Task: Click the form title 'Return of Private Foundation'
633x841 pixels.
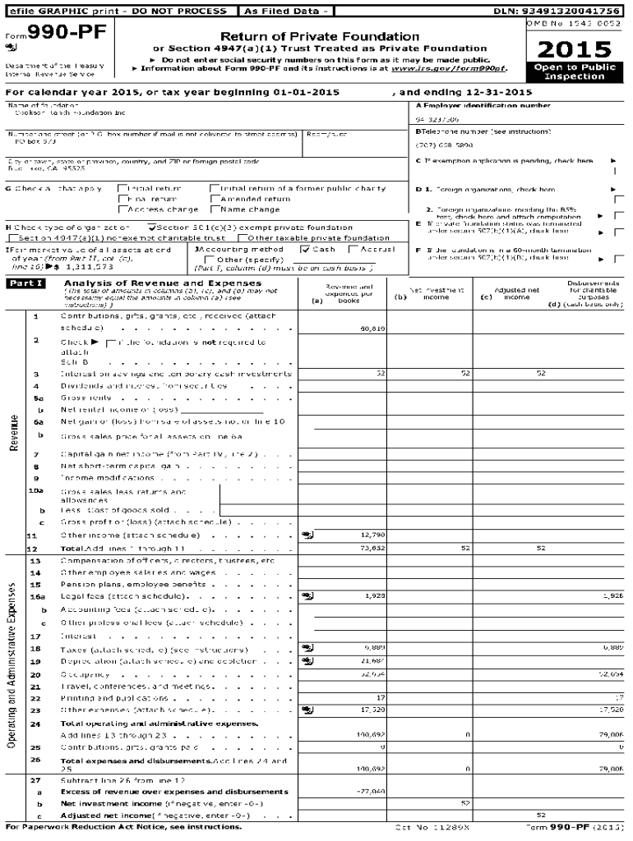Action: [320, 37]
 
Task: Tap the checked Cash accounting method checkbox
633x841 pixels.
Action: [305, 249]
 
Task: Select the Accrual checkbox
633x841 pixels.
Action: [353, 249]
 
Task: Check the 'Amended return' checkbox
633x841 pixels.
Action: [215, 199]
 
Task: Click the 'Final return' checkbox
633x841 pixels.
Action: [122, 199]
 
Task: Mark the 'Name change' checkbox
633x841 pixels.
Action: [215, 209]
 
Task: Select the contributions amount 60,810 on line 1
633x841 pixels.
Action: [372, 329]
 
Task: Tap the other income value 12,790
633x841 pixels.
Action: [372, 535]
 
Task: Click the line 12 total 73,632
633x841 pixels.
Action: [372, 548]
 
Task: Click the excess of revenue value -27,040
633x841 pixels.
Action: [371, 791]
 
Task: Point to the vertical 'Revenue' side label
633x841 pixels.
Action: [14, 434]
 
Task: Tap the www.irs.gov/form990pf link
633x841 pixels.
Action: [460, 68]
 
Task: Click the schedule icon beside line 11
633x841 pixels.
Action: [307, 535]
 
